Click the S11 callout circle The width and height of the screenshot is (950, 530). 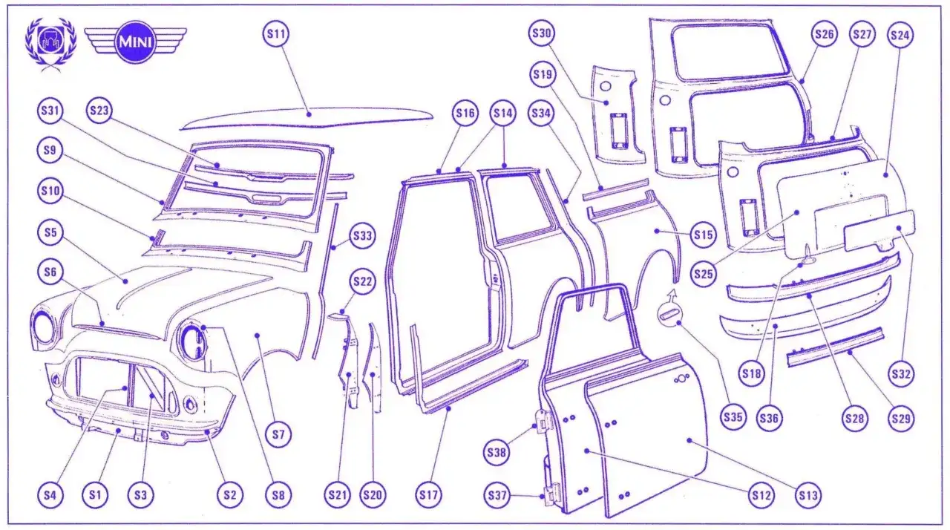pos(277,34)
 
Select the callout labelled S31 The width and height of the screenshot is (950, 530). pos(50,112)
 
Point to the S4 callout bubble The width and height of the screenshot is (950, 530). pos(50,494)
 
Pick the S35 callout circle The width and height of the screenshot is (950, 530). pos(733,417)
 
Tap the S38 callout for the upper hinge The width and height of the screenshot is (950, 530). pos(497,450)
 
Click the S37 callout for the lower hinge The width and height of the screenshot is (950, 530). pos(497,494)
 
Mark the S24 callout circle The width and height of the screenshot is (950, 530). pos(900,34)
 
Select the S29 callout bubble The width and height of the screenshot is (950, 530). pos(900,419)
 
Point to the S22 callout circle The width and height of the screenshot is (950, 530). pos(363,282)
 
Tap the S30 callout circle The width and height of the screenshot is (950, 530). pos(543,34)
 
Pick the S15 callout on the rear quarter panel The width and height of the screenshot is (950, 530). pos(703,235)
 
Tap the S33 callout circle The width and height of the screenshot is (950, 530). pos(363,236)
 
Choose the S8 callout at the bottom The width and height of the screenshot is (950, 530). pos(279,494)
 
